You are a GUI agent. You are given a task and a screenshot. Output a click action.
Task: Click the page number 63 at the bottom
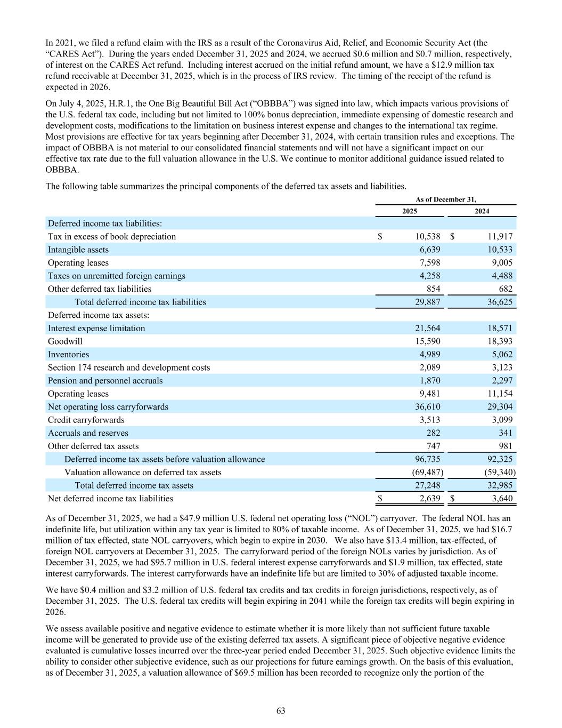pyautogui.click(x=281, y=710)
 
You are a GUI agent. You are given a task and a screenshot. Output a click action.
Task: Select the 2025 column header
pyautogui.click(x=410, y=211)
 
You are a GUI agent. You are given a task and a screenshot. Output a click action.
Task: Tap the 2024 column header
pyautogui.click(x=482, y=211)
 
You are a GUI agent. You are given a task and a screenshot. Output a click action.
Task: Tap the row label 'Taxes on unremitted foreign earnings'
pyautogui.click(x=117, y=276)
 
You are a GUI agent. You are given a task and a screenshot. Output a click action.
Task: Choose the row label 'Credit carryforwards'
pyautogui.click(x=86, y=420)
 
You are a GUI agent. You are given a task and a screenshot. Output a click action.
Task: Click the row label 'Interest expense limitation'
pyautogui.click(x=96, y=328)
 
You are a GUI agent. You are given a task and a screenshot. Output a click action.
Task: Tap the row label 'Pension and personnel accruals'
pyautogui.click(x=105, y=381)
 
